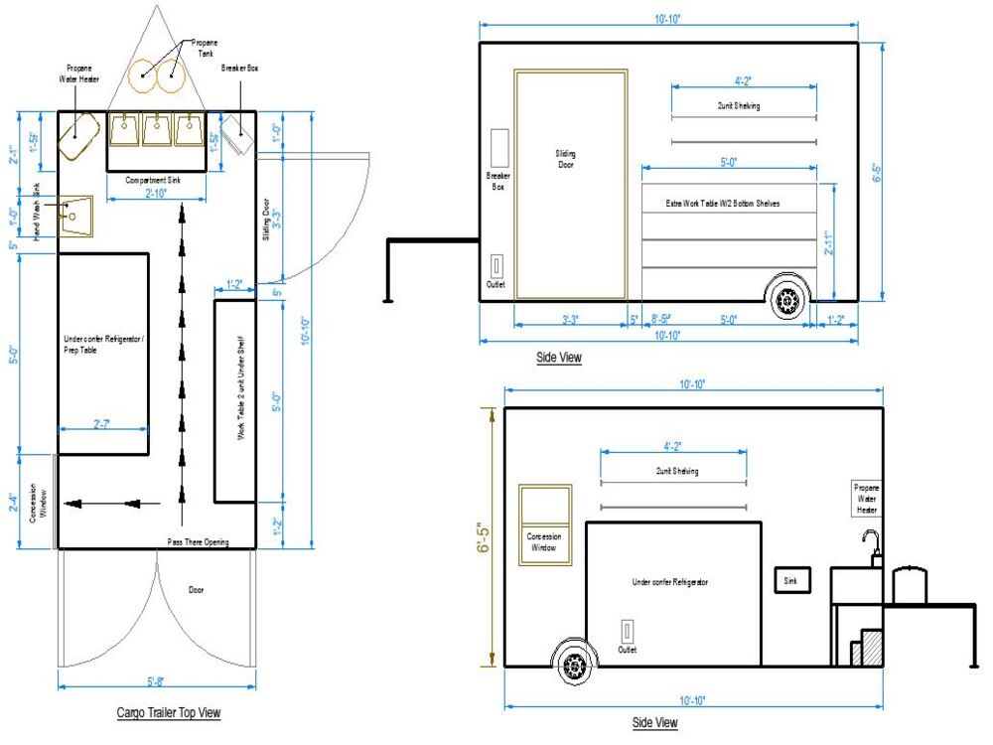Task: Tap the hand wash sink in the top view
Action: pos(73,213)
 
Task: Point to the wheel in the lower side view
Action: pos(575,665)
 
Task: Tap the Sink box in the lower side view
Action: pos(792,579)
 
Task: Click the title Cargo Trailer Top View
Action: pos(168,712)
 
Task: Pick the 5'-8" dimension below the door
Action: pos(155,682)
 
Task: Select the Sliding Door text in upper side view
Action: pos(567,159)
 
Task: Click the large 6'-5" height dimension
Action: pos(484,542)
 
